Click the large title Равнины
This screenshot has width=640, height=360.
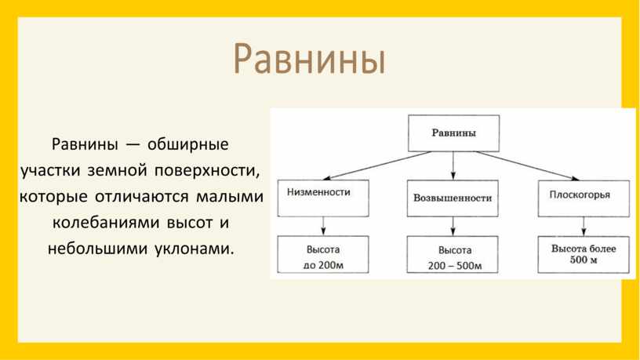pyautogui.click(x=309, y=58)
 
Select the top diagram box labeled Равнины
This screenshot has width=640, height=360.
pyautogui.click(x=453, y=133)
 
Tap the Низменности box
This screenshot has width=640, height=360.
pyautogui.click(x=323, y=198)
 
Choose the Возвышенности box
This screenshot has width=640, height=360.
pyautogui.click(x=453, y=198)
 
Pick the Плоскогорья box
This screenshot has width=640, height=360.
pyautogui.click(x=584, y=198)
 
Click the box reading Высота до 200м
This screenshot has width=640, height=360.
pyautogui.click(x=323, y=254)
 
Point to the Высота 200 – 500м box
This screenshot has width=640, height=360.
pyautogui.click(x=453, y=254)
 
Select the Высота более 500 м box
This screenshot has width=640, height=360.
pyautogui.click(x=584, y=254)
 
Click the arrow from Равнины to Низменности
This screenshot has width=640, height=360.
pyautogui.click(x=377, y=165)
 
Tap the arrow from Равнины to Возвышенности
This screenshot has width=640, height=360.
pyautogui.click(x=453, y=165)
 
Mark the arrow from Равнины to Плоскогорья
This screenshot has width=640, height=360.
pyautogui.click(x=527, y=165)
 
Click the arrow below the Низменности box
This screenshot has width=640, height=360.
pyautogui.click(x=323, y=226)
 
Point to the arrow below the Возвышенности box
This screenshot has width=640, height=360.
pyautogui.click(x=453, y=226)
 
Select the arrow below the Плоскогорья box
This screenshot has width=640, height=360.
pyautogui.click(x=584, y=227)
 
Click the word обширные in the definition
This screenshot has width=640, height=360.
pyautogui.click(x=187, y=144)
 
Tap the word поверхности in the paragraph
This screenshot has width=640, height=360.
pyautogui.click(x=206, y=171)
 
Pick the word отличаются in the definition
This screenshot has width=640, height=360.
pyautogui.click(x=142, y=197)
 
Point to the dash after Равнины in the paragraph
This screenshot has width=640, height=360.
pyautogui.click(x=133, y=145)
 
